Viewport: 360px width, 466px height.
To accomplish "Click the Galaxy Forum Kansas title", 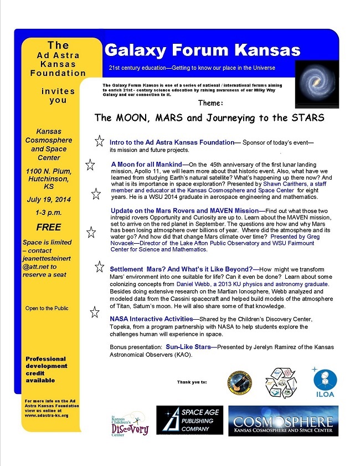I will pyautogui.click(x=202, y=50).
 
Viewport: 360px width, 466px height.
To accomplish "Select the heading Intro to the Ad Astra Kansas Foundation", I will pyautogui.click(x=172, y=142).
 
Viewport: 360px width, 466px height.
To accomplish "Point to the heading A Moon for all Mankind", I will pyautogui.click(x=146, y=165).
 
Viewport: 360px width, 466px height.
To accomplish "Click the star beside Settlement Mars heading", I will pyautogui.click(x=100, y=268).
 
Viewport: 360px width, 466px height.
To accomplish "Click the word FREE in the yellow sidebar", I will pyautogui.click(x=49, y=227).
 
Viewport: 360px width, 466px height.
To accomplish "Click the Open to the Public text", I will pyautogui.click(x=47, y=308).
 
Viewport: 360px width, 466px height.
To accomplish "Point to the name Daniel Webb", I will pyautogui.click(x=197, y=284).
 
